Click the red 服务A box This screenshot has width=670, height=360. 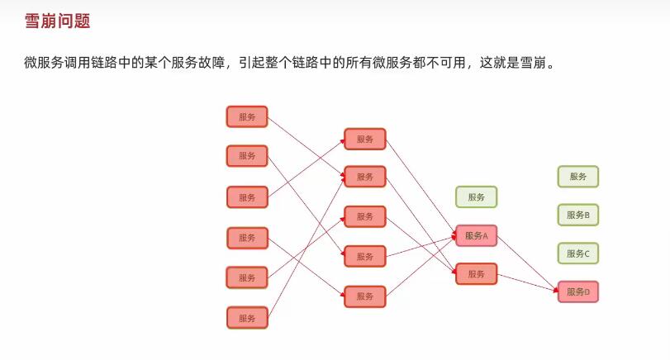477,236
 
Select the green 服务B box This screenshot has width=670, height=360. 578,215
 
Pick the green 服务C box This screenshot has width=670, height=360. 578,253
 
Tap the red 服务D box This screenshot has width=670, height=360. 578,291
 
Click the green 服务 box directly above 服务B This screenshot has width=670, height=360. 578,177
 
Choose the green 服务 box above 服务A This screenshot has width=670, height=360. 477,197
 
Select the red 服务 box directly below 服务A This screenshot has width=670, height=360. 477,274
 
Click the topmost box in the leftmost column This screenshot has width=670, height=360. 247,116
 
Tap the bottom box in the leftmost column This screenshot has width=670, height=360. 247,318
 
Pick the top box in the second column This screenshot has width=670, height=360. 365,139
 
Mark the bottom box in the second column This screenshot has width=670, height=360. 365,296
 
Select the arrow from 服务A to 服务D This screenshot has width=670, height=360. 529,263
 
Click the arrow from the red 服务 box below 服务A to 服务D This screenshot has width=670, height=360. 529,282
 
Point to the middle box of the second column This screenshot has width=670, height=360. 365,216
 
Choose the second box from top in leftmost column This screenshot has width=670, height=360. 247,155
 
